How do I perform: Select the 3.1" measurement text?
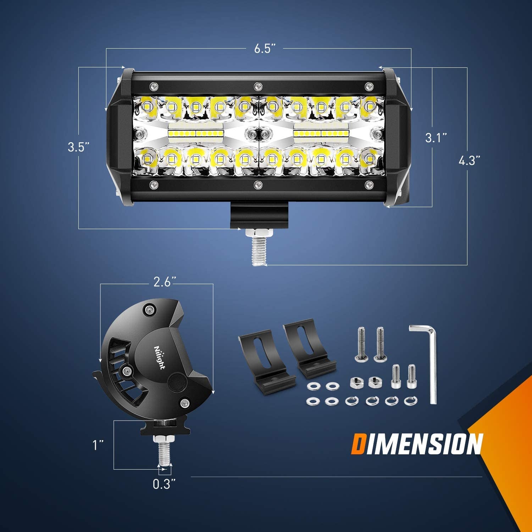click(436, 138)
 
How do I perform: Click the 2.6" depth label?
click(165, 282)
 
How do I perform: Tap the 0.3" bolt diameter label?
click(164, 484)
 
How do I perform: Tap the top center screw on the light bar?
click(258, 86)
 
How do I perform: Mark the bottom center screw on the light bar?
click(258, 184)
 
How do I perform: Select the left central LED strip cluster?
click(195, 133)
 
